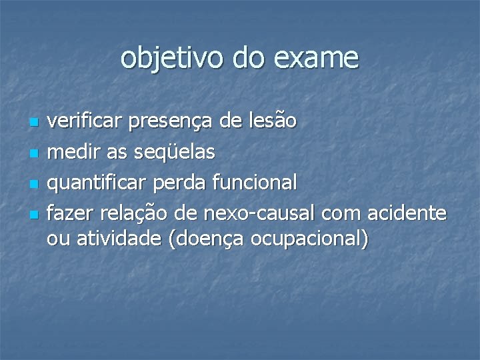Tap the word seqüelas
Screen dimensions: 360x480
pyautogui.click(x=175, y=153)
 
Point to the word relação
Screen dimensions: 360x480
pyautogui.click(x=137, y=213)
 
